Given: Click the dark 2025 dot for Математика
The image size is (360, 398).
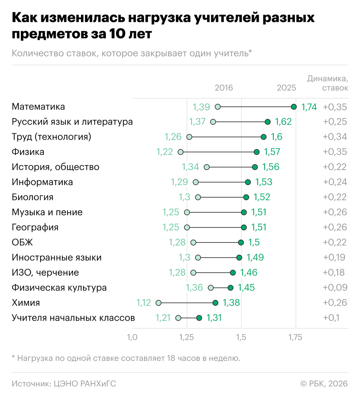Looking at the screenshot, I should [x=294, y=107].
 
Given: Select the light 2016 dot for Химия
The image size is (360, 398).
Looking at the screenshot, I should [x=159, y=303].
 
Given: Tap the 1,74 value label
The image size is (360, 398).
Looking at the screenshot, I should [x=309, y=107].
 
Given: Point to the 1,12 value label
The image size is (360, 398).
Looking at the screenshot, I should [x=143, y=303].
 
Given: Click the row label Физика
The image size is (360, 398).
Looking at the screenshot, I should [x=28, y=152].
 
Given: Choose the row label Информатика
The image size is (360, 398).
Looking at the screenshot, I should [x=42, y=182].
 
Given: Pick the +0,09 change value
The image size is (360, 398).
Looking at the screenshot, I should [x=335, y=288].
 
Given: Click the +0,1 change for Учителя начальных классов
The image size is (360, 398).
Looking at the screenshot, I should [x=331, y=318].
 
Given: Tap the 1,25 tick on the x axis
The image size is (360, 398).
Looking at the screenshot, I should [x=186, y=337].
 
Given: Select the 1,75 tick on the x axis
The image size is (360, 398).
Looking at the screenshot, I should [x=295, y=337].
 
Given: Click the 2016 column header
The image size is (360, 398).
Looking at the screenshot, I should [x=224, y=88].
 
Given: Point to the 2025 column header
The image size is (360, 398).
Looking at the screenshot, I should [x=286, y=88].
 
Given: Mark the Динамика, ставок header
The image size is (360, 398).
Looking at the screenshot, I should [x=328, y=83].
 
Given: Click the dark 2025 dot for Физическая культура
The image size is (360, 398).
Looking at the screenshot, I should [x=231, y=288].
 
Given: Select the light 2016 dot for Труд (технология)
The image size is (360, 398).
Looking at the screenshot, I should [x=189, y=137].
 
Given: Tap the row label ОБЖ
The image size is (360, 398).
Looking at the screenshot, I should [x=22, y=242].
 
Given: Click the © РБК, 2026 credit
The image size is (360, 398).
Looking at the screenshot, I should [x=324, y=384].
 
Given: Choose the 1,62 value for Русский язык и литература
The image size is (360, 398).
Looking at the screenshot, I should [x=283, y=122].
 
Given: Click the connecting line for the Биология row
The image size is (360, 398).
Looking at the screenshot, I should [x=222, y=197].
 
